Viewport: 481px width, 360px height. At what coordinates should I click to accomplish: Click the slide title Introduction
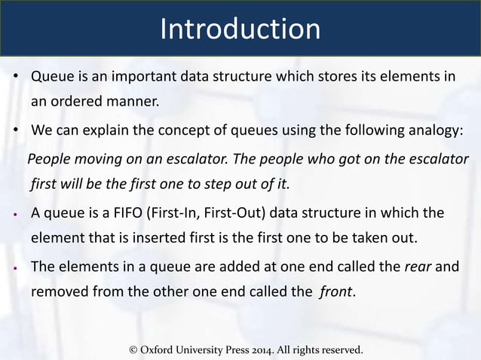click(x=240, y=29)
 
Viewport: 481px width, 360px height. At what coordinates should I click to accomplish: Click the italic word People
click(x=48, y=160)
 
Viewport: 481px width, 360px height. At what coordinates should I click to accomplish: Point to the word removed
click(x=59, y=293)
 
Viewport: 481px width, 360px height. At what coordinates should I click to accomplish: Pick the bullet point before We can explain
click(x=15, y=131)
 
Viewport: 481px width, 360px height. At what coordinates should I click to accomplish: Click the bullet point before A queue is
click(x=15, y=214)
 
